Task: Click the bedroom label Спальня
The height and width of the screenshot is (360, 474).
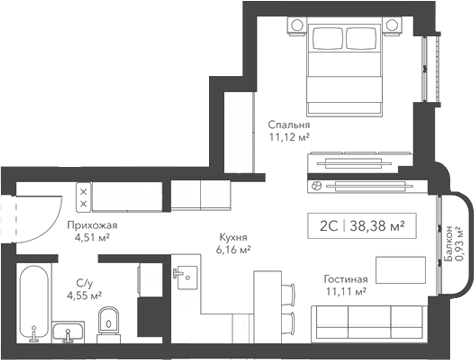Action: coord(288,125)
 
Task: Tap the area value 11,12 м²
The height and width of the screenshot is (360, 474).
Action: coord(288,139)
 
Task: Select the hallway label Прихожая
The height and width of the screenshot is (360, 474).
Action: coord(92,226)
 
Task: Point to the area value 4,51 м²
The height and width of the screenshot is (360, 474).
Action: coord(92,239)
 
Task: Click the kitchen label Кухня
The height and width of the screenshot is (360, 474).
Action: coord(234,238)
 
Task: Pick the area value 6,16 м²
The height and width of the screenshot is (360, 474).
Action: coord(234,251)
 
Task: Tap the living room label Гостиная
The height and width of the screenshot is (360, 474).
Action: coord(346,279)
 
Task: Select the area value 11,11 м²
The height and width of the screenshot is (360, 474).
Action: coord(346,292)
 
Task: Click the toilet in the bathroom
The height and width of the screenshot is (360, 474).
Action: coord(110,320)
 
